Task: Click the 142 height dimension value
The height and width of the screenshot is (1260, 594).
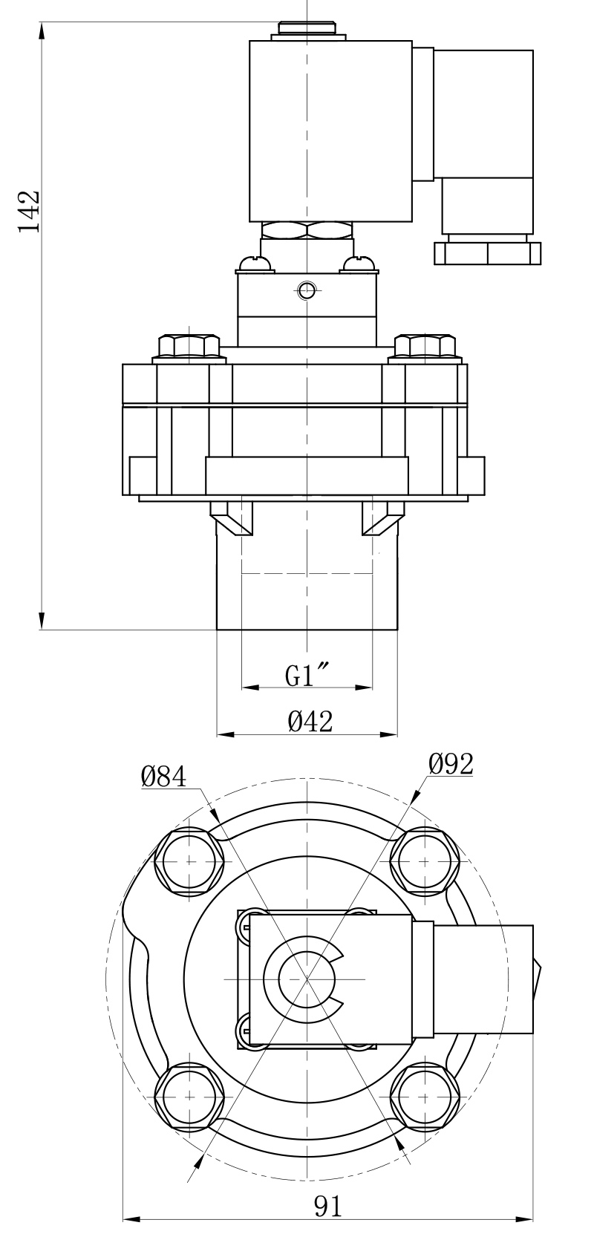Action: click(29, 212)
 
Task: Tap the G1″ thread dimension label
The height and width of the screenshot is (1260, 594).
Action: click(307, 676)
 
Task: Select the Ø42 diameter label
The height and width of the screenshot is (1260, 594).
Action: click(310, 720)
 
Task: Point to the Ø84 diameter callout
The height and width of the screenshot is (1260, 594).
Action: click(163, 777)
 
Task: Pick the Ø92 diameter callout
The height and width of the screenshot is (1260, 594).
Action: click(451, 764)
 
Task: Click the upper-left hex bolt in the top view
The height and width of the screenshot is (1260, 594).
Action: click(189, 861)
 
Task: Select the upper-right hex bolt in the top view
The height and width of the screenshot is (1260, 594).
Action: click(425, 861)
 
